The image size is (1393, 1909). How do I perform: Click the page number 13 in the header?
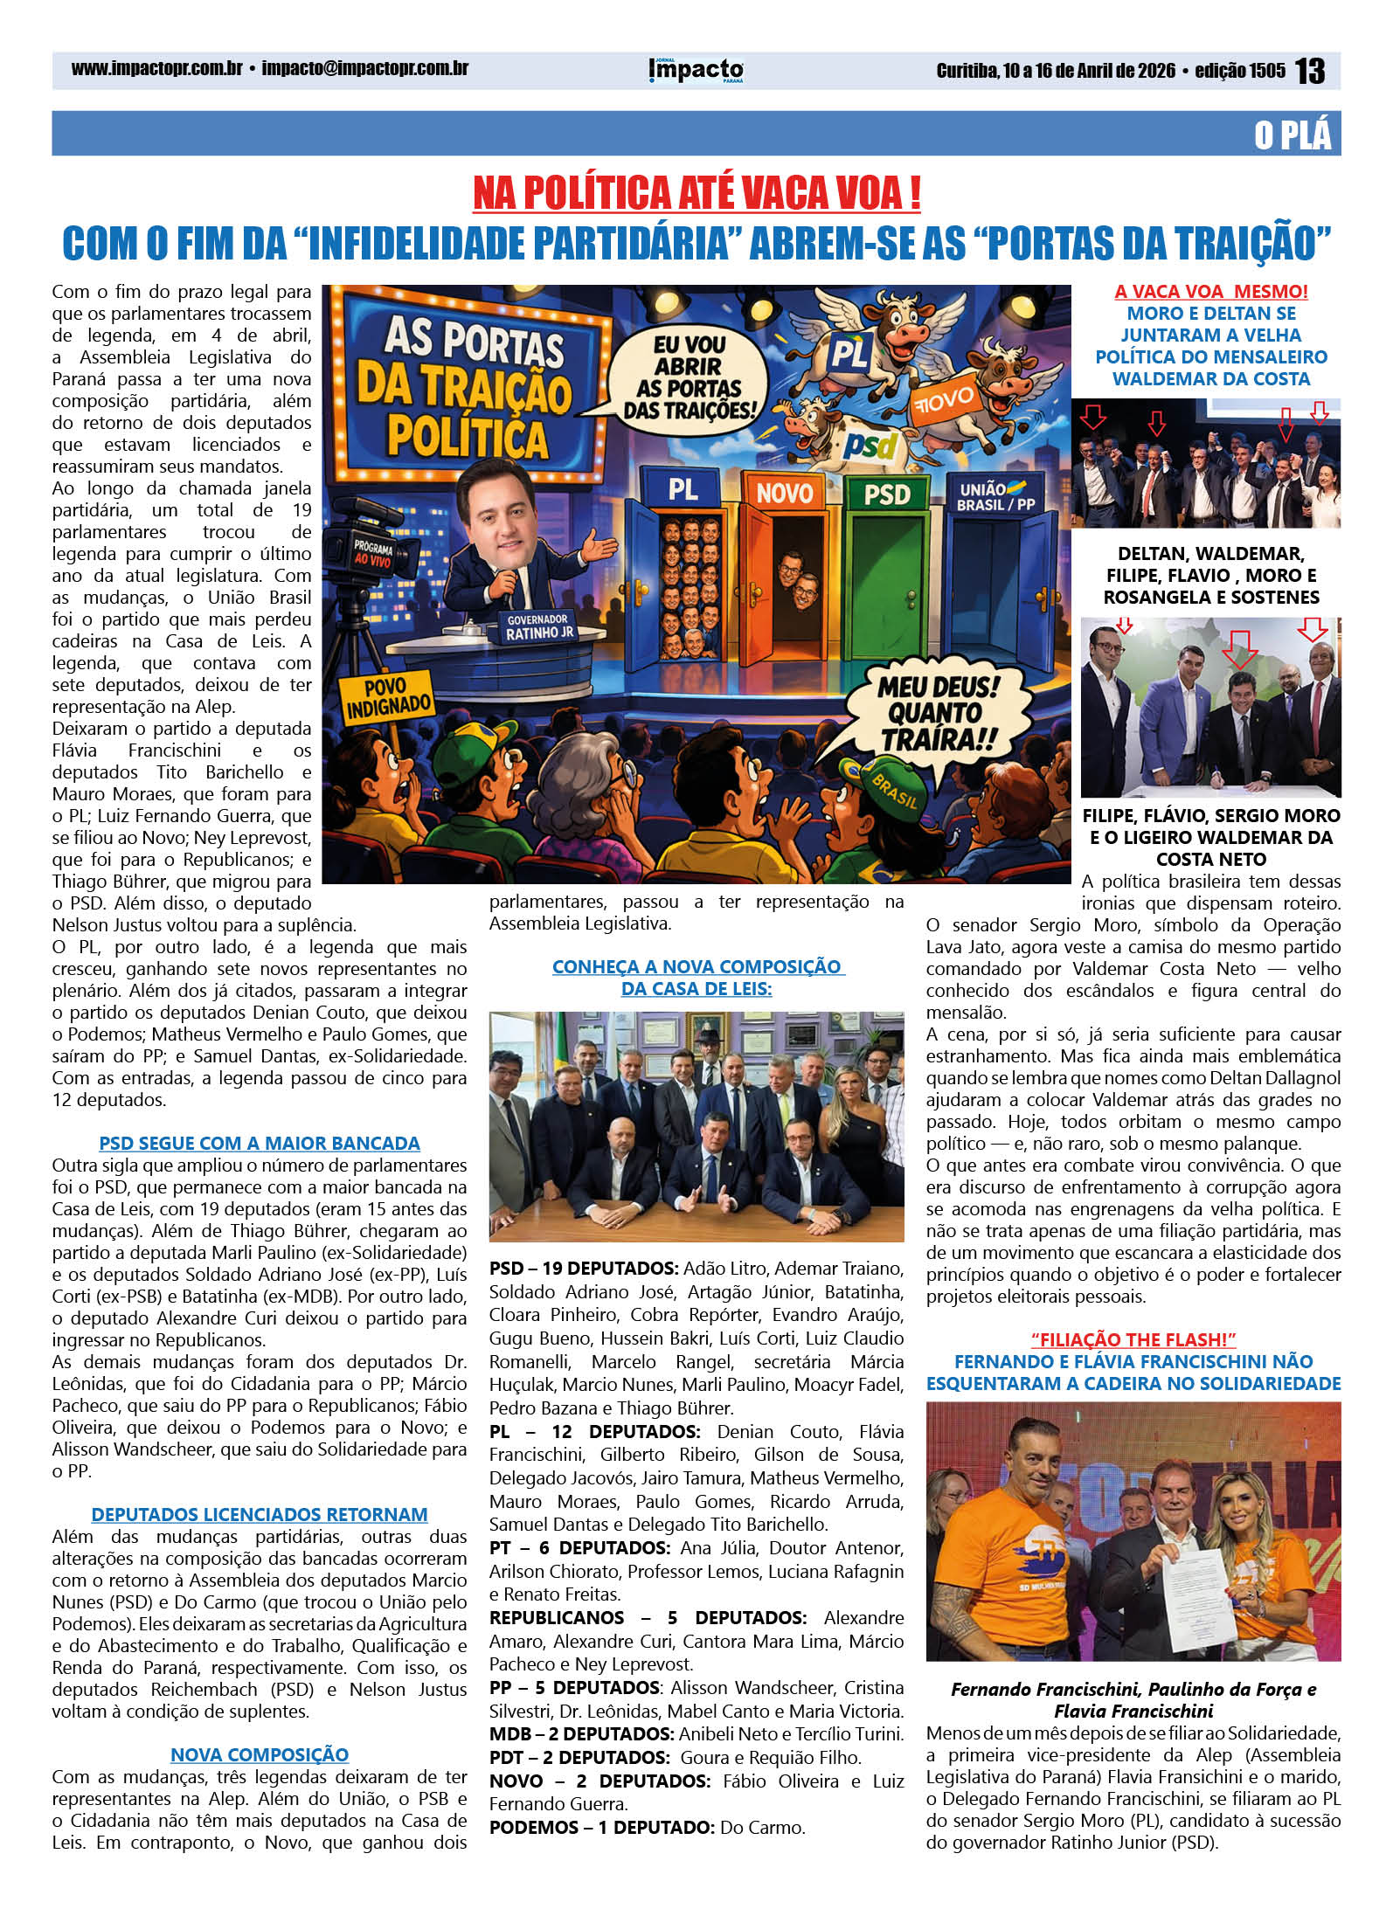point(1309,71)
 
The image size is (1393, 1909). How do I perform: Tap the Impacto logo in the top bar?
point(696,70)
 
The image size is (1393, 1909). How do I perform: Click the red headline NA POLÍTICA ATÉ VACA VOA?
point(696,193)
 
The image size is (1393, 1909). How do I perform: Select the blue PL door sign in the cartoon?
point(683,488)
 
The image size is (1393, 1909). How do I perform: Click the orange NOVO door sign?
point(784,493)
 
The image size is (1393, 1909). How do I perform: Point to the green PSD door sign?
point(886,495)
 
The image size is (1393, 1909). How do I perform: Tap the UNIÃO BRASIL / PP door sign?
point(995,496)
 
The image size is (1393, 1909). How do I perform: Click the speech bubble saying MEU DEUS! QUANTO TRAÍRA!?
point(938,712)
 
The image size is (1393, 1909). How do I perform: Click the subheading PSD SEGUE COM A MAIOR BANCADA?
point(259,1143)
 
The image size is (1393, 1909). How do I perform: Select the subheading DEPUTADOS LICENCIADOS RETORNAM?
point(259,1514)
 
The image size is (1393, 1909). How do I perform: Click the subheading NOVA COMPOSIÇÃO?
point(259,1754)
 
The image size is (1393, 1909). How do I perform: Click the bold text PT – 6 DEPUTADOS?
point(579,1548)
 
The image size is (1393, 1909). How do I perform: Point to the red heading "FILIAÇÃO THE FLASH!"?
point(1133,1339)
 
